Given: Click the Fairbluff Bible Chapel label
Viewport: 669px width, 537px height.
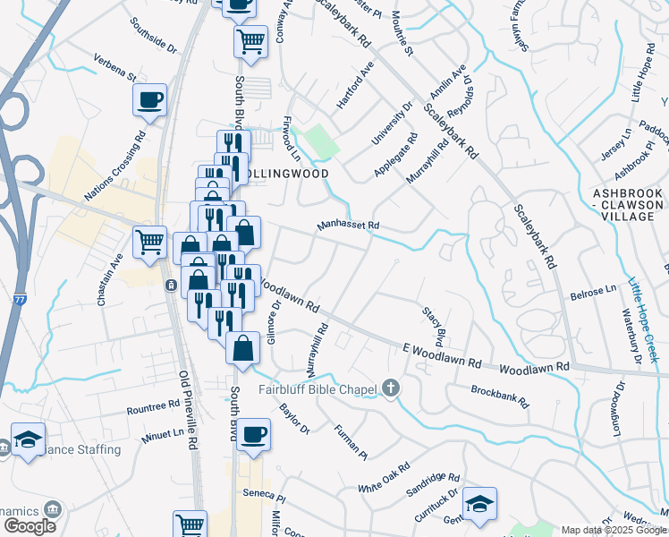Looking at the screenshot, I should pyautogui.click(x=317, y=388).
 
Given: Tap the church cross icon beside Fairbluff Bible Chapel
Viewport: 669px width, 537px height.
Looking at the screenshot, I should pyautogui.click(x=389, y=388).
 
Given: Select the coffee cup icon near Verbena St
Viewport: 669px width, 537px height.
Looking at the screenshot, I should pyautogui.click(x=149, y=99).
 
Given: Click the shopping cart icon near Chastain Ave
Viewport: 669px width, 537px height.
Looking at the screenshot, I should pyautogui.click(x=149, y=241).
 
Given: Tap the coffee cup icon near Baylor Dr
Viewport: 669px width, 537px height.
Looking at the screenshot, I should pyautogui.click(x=254, y=433).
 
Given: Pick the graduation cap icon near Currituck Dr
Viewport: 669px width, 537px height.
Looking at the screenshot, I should pyautogui.click(x=479, y=503).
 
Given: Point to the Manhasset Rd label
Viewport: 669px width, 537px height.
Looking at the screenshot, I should pyautogui.click(x=348, y=226).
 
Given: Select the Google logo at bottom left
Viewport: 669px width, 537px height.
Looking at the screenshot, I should pyautogui.click(x=29, y=526).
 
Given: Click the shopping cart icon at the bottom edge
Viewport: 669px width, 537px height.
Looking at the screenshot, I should pyautogui.click(x=190, y=524).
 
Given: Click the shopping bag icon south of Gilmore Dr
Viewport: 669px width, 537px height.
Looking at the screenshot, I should pyautogui.click(x=242, y=348).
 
